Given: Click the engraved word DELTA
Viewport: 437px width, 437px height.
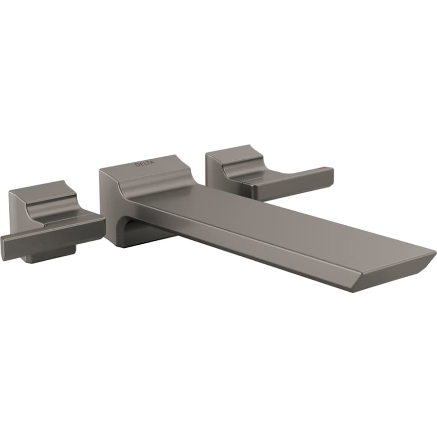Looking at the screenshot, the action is pyautogui.click(x=144, y=164).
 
